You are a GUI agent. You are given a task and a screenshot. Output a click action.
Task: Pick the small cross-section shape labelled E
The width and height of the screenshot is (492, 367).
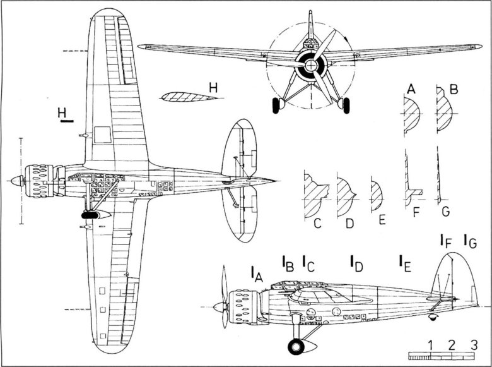(x=376, y=196)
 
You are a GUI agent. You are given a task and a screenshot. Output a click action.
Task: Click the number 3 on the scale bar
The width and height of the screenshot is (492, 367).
(x=473, y=344)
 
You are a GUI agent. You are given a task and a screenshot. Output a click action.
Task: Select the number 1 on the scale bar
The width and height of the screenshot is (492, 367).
(x=430, y=344)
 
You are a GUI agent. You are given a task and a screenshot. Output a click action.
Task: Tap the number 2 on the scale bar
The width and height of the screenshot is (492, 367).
(x=452, y=344)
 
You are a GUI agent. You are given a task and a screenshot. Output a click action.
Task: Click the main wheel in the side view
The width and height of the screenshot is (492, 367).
(x=296, y=346)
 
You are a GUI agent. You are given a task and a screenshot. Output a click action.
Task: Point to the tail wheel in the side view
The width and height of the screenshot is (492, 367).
(x=432, y=316)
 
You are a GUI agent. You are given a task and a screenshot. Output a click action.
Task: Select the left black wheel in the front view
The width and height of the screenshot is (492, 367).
(x=276, y=105)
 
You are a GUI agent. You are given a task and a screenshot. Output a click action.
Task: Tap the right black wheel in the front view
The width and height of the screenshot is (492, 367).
(x=345, y=105)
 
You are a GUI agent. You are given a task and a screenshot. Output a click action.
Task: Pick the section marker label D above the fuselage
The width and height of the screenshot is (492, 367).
(x=356, y=263)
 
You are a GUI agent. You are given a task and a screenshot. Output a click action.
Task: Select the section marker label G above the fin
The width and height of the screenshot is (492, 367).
(x=469, y=240)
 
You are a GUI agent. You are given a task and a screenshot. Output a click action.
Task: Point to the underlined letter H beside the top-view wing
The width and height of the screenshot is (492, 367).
(x=62, y=112)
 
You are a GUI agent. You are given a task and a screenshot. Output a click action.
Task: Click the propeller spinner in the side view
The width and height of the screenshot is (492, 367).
(x=219, y=307)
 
